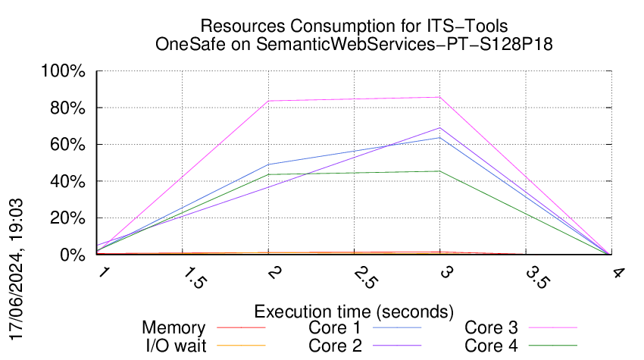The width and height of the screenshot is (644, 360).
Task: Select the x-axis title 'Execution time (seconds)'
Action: [x=354, y=311]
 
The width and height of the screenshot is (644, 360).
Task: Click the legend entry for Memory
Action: [x=174, y=327]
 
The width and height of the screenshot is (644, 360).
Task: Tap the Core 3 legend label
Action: [x=491, y=327]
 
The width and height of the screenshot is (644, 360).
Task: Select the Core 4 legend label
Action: [x=491, y=346]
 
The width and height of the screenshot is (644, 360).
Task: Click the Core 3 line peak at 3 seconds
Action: [x=439, y=97]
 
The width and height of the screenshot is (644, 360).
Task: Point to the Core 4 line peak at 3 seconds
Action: [x=439, y=171]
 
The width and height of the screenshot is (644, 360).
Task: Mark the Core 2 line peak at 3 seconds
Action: [x=439, y=128]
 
